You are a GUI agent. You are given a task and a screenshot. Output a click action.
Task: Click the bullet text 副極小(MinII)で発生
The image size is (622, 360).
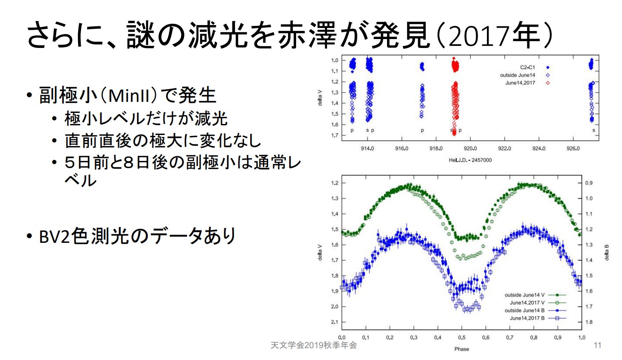click(x=127, y=95)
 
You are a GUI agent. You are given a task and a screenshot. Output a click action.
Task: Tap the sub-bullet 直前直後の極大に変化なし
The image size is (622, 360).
click(x=163, y=141)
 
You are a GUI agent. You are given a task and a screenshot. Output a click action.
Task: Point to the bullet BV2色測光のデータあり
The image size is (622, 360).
click(x=137, y=236)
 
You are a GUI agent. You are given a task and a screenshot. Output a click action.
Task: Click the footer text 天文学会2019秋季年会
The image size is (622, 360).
click(x=314, y=345)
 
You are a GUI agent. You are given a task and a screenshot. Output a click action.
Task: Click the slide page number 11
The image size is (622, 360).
click(x=597, y=345)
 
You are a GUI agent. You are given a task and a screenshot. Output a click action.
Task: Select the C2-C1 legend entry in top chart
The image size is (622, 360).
click(x=527, y=67)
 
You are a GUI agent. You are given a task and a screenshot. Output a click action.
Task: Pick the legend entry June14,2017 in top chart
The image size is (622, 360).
click(x=520, y=83)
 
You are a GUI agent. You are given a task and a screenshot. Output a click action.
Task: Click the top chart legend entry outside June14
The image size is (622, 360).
click(x=517, y=75)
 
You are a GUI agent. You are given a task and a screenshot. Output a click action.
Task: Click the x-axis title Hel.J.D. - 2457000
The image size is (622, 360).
click(x=470, y=160)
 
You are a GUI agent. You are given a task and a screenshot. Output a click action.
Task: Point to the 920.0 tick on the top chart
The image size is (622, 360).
click(x=470, y=149)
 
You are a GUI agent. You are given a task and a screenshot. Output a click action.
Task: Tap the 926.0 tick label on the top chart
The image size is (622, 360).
click(x=573, y=149)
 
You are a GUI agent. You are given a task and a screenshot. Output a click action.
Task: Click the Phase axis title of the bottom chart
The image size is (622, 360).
click(x=461, y=349)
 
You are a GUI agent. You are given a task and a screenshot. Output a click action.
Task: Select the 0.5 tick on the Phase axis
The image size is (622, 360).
click(x=461, y=337)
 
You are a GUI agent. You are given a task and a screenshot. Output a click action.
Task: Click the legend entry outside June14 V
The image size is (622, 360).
click(x=524, y=295)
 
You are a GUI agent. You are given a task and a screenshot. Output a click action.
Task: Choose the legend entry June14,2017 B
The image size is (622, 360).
click(x=527, y=318)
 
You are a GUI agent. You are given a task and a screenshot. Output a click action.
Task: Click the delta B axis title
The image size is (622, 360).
click(x=607, y=252)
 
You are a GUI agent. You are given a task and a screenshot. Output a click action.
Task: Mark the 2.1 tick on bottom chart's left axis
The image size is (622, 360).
click(x=335, y=322)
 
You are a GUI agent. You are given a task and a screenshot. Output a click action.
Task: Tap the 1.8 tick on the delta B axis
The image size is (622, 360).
click(x=588, y=322)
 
